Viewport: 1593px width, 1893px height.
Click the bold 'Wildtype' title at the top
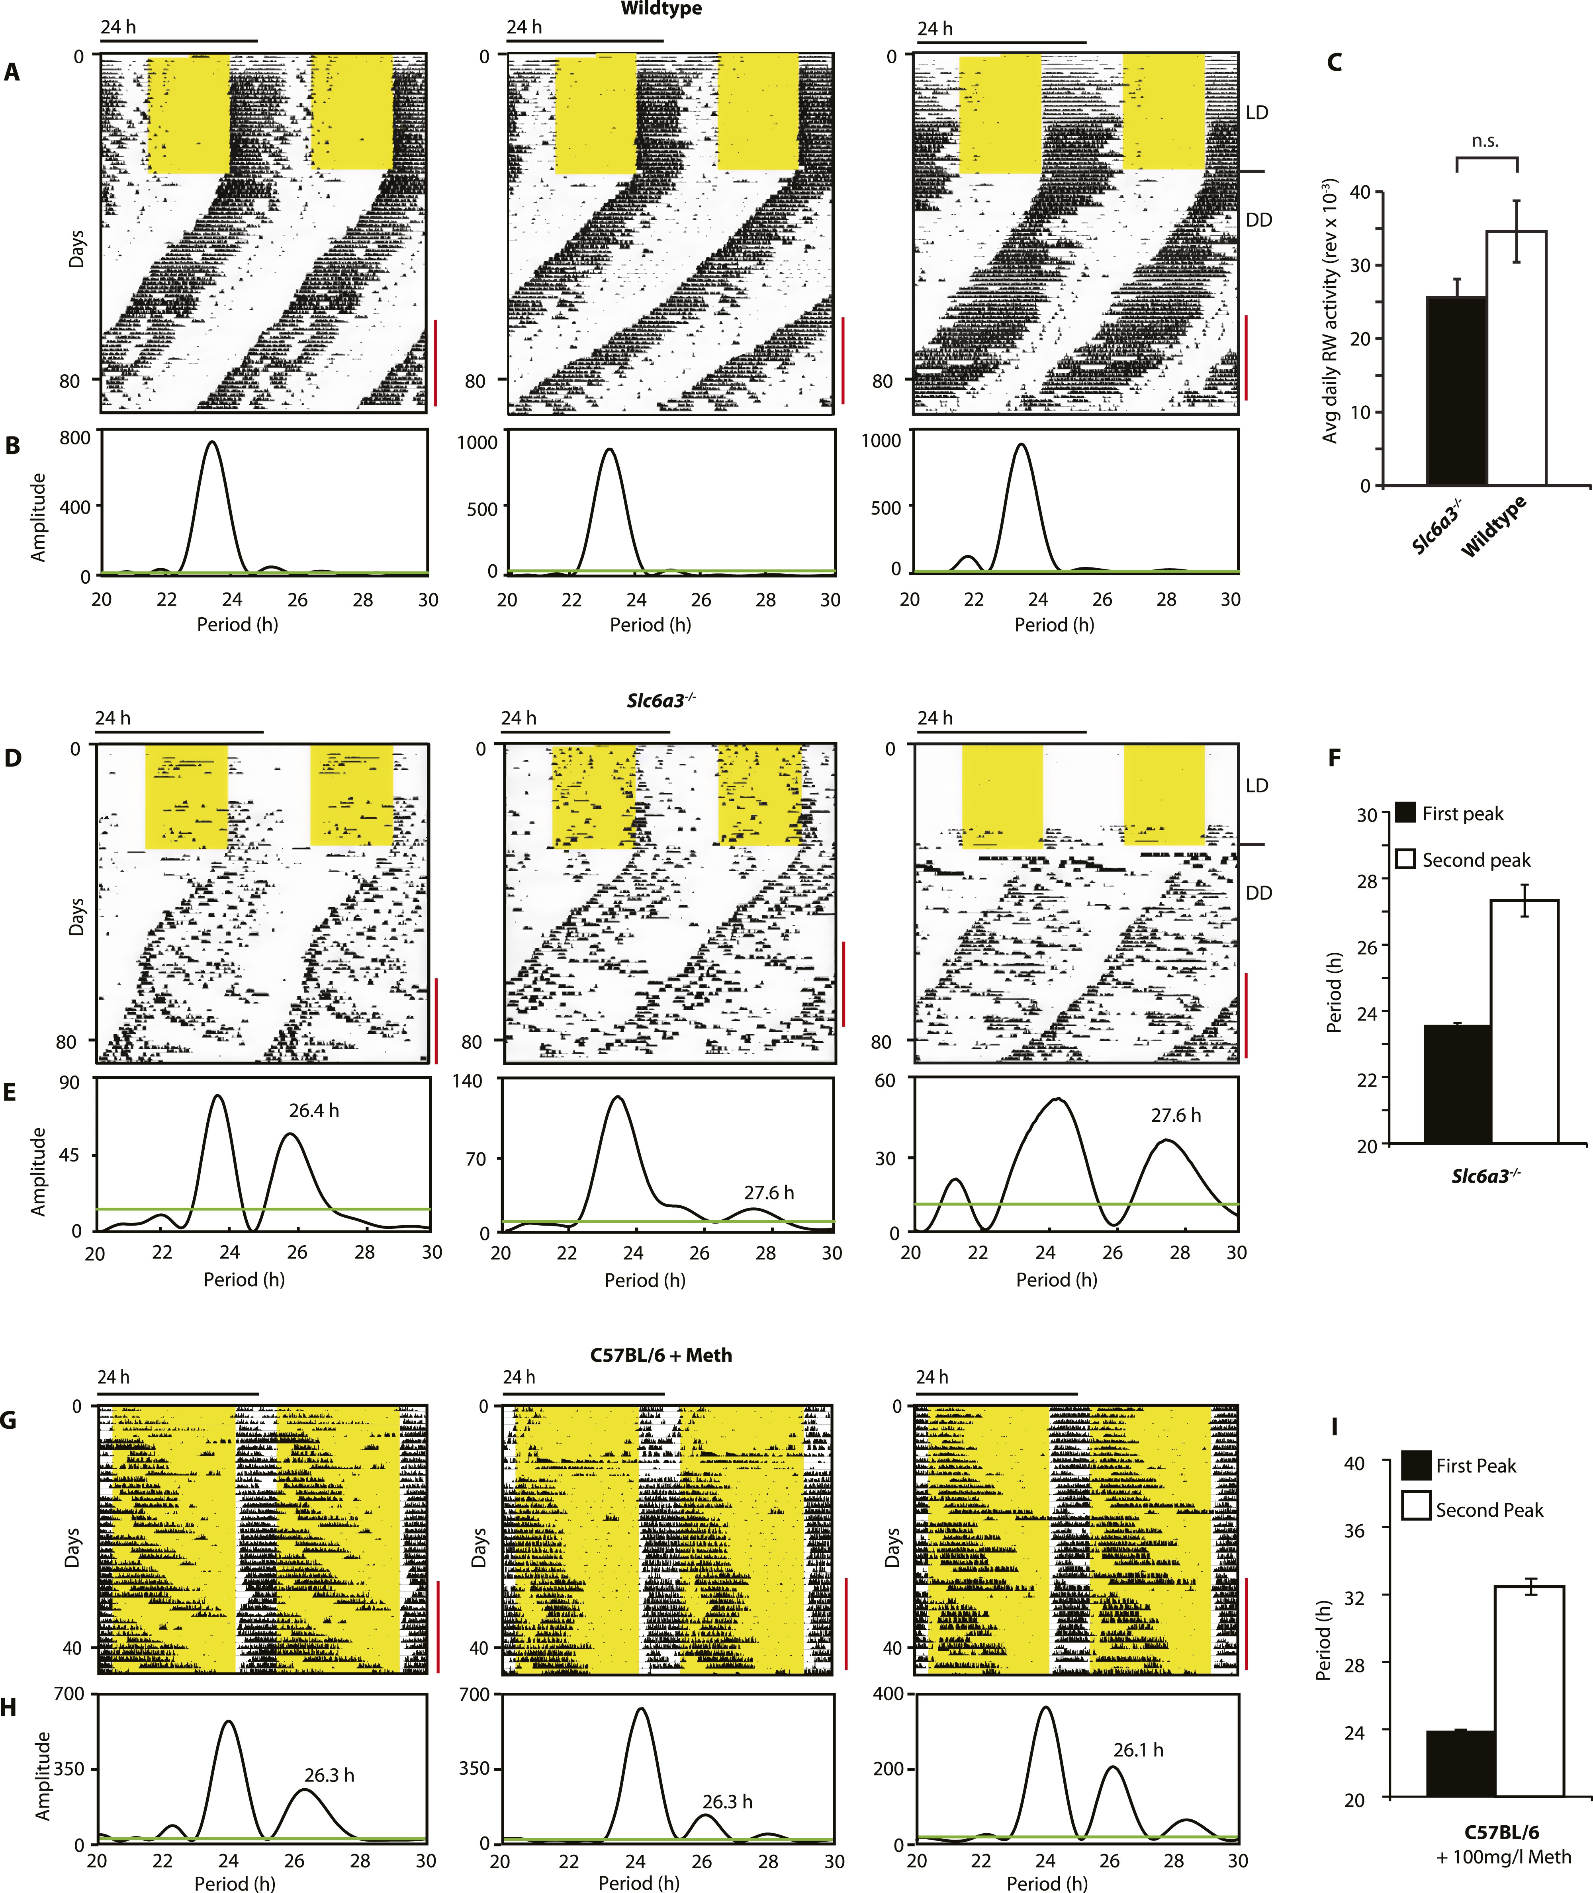pyautogui.click(x=661, y=9)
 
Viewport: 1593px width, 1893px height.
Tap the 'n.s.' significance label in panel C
pyautogui.click(x=1485, y=141)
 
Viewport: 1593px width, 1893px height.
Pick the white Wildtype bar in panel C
pyautogui.click(x=1516, y=358)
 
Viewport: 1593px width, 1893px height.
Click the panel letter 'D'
pyautogui.click(x=13, y=757)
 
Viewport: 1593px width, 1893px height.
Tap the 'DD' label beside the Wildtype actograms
pyautogui.click(x=1259, y=220)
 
